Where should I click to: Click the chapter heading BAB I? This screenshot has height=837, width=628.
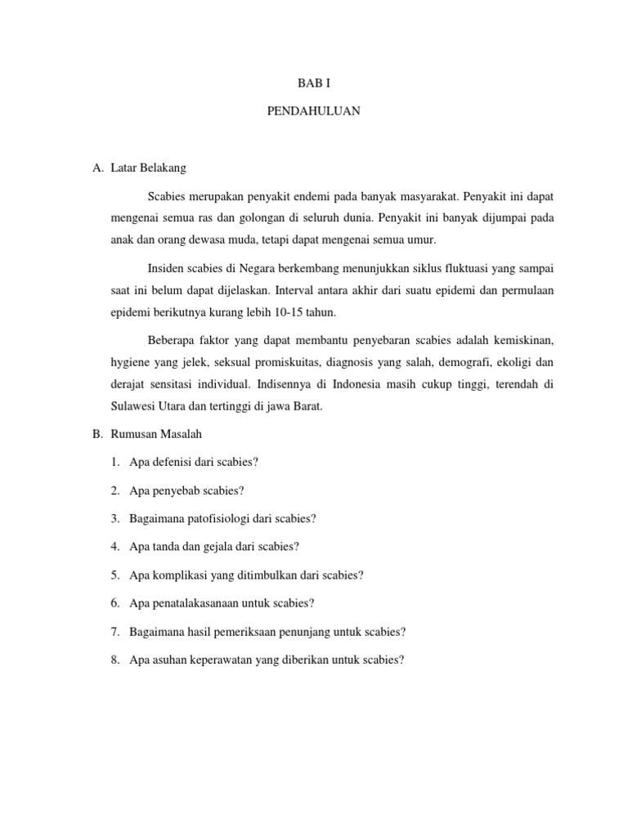313,83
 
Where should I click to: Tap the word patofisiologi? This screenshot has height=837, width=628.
221,519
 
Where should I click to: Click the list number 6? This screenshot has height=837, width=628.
115,603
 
